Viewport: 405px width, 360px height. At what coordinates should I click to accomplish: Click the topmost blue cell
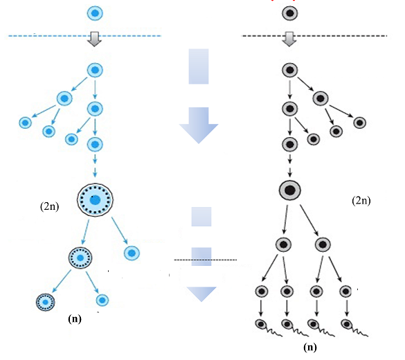point(95,13)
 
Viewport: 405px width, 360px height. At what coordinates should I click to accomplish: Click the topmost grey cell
point(290,13)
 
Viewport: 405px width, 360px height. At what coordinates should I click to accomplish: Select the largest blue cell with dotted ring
point(95,199)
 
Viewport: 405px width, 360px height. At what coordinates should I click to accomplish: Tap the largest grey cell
point(290,190)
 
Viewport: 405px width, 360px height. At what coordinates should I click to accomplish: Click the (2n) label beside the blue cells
point(50,206)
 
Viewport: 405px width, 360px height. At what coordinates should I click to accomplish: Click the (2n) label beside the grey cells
point(361,200)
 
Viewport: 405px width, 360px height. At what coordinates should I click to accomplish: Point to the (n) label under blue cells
point(75,319)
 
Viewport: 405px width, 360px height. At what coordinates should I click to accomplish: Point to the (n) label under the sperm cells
point(310,348)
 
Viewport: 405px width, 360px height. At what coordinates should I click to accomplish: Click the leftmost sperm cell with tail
point(268,327)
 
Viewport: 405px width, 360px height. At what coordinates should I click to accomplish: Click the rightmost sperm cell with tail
point(354,327)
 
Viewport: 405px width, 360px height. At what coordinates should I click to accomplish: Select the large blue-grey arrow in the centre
point(199,125)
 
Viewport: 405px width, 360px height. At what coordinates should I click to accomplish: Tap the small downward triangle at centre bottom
point(201,294)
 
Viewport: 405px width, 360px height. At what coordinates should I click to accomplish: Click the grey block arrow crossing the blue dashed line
point(95,39)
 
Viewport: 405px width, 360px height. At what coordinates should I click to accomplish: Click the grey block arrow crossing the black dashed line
point(289,39)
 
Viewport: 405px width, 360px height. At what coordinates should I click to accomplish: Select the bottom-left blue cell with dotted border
point(46,302)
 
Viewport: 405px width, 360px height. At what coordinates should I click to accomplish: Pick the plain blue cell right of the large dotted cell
point(132,253)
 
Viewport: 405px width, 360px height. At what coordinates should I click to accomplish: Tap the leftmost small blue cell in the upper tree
point(26,123)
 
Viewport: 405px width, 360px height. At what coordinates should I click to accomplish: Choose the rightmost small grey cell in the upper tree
point(360,123)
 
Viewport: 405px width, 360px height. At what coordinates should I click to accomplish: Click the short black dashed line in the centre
point(206,260)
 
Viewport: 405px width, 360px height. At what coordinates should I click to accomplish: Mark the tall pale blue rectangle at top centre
point(199,66)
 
